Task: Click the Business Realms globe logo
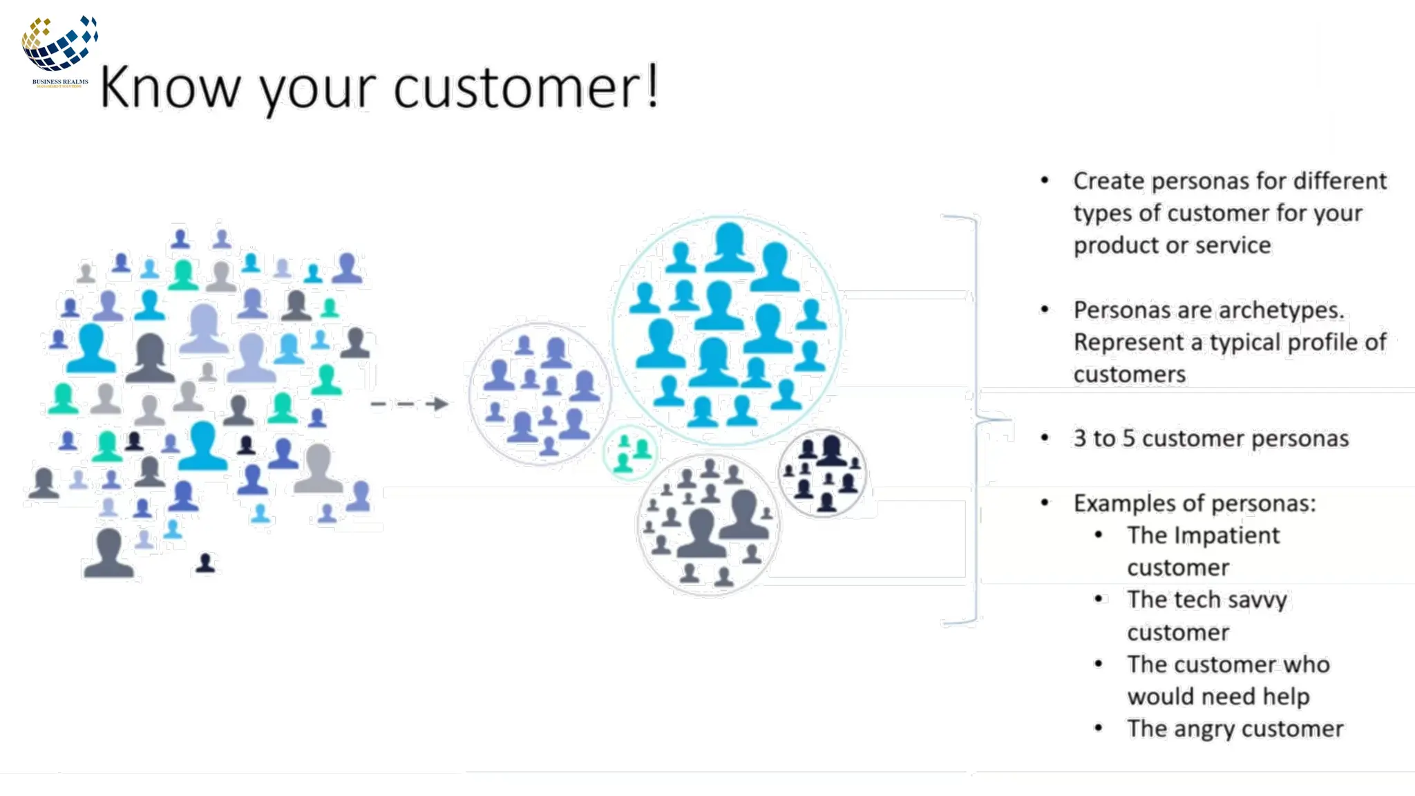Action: tap(59, 45)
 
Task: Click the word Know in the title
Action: tap(170, 88)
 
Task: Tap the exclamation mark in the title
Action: tap(652, 86)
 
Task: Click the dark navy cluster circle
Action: tap(822, 473)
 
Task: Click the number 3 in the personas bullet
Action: tap(1079, 439)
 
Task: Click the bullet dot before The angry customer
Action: tap(1099, 728)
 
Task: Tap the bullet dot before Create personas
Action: tap(1045, 181)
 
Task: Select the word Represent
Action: tap(1128, 343)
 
